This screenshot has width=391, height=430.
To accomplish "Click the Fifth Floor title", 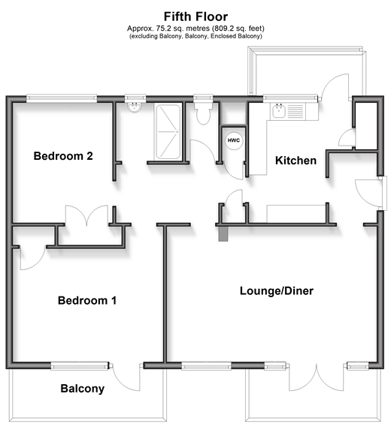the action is [195, 17].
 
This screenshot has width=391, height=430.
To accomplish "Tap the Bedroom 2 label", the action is [63, 156].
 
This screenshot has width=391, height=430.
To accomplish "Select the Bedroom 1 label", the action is [87, 301].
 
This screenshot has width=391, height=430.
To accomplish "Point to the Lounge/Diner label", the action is [277, 291].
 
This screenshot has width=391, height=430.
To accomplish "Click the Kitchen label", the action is [296, 161].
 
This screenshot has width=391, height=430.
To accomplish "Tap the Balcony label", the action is [83, 389].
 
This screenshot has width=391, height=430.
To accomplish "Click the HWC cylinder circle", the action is [234, 140].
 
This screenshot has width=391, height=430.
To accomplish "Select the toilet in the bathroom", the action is [203, 113].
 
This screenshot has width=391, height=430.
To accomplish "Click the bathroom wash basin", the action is [135, 107].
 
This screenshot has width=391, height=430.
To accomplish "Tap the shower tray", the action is [168, 132].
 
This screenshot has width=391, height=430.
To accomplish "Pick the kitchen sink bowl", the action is [279, 111].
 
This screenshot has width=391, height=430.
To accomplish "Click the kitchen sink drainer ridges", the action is [295, 111].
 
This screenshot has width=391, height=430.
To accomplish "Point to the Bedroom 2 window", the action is [62, 98].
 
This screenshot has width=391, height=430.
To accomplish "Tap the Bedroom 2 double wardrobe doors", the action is [86, 216].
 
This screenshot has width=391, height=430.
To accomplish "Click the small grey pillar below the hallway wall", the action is [223, 233].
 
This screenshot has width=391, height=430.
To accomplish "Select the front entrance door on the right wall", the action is [368, 193].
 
